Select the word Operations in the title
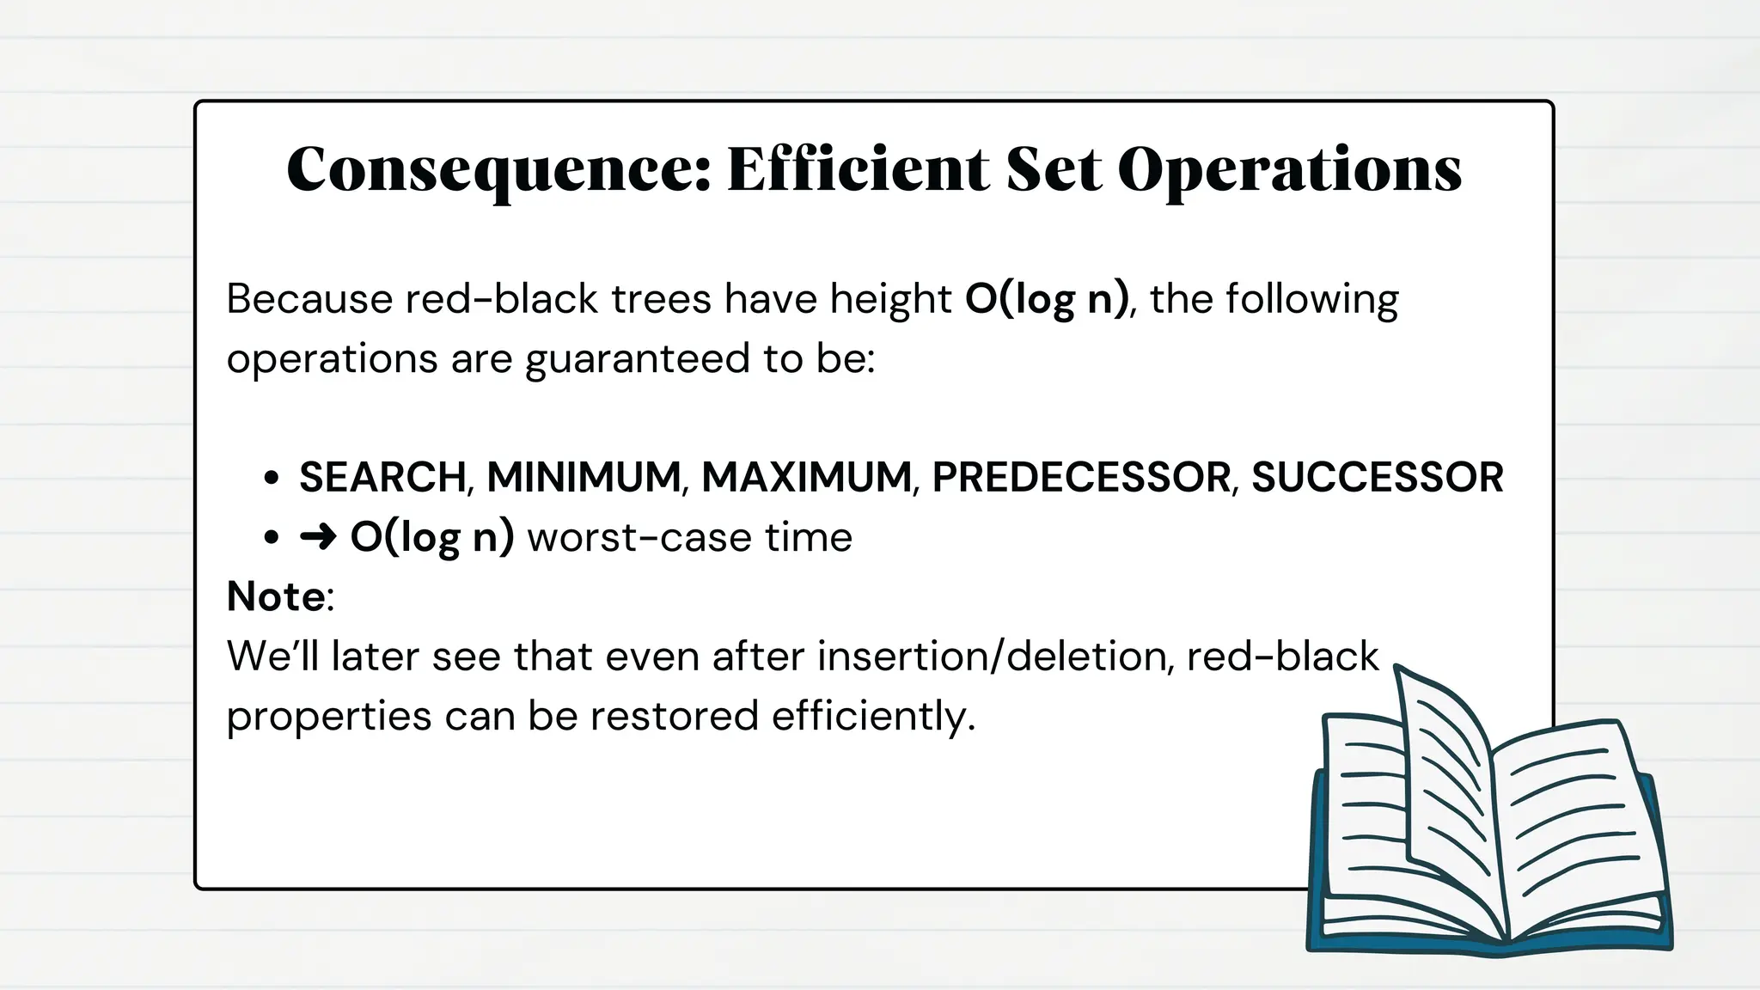[1289, 169]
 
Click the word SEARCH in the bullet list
[382, 477]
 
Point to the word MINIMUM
[584, 477]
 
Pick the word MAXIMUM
[806, 477]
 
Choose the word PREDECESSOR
[1081, 477]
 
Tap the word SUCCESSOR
[1377, 477]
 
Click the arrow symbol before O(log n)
[317, 538]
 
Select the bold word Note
[276, 596]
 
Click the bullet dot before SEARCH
[272, 478]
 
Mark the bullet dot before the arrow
[272, 538]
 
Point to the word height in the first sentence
[890, 300]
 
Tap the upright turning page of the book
[1444, 773]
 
